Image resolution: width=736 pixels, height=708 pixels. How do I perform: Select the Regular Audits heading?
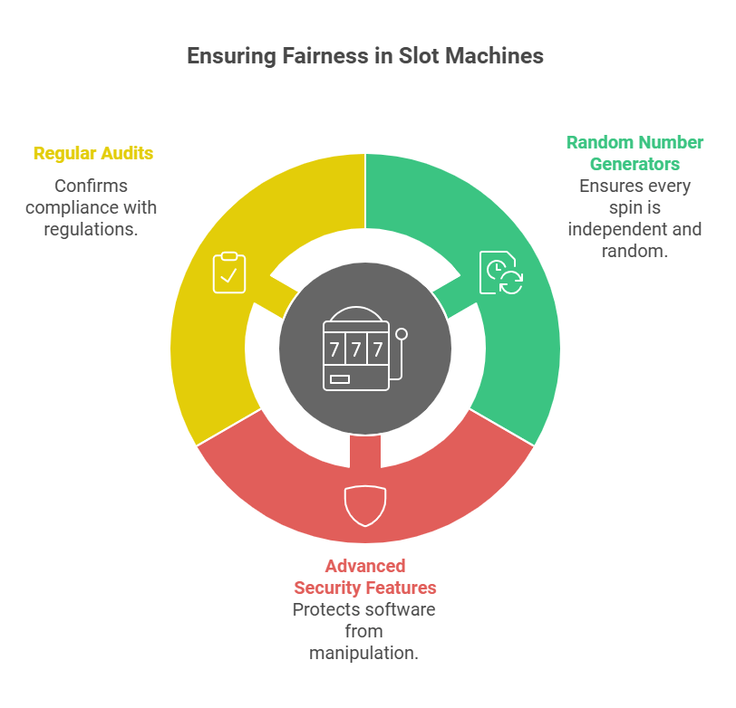pos(93,154)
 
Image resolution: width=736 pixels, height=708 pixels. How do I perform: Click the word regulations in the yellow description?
pos(91,229)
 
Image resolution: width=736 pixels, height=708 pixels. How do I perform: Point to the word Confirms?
pos(91,186)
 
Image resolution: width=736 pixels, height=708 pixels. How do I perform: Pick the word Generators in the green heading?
pos(634,164)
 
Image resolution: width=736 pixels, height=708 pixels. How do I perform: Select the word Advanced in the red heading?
pos(365,567)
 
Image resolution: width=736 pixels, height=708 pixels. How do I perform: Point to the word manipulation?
pos(363,653)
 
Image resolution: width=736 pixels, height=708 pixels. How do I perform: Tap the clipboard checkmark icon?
pos(229,273)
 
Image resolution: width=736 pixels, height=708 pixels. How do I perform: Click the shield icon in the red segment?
pos(365,506)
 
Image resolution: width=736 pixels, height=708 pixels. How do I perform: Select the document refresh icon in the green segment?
pos(501,273)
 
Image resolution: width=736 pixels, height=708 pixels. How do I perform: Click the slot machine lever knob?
pos(402,334)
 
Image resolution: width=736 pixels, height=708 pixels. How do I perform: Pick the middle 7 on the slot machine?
pos(356,349)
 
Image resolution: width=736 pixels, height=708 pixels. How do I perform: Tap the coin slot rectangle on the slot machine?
pos(340,379)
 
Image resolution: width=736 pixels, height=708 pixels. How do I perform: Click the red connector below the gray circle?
pos(365,451)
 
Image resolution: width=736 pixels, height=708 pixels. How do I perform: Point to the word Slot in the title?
pos(418,56)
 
